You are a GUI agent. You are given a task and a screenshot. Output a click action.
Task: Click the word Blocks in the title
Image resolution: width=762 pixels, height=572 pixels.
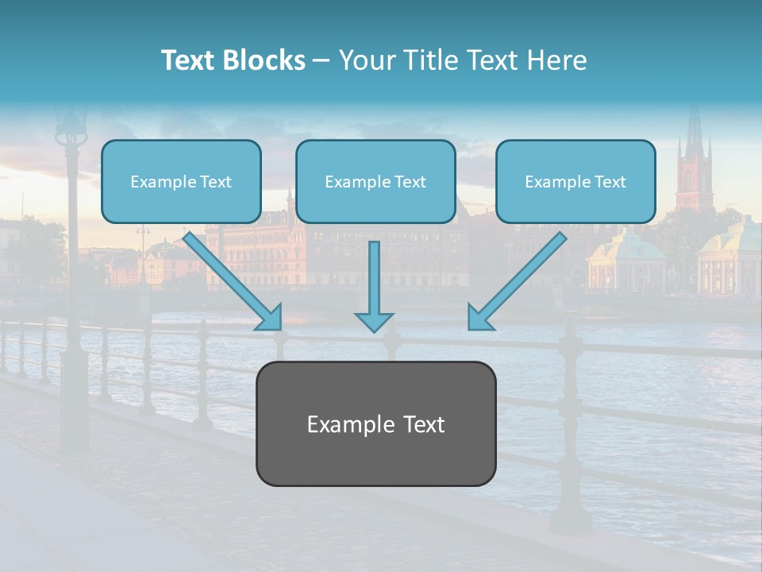pos(264,60)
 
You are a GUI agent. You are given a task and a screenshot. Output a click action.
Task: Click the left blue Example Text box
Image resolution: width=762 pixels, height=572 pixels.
pos(181,182)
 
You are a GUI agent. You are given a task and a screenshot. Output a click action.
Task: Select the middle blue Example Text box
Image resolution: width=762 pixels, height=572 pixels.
pos(375,182)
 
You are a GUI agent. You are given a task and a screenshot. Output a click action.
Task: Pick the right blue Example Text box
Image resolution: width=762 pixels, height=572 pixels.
pos(575,182)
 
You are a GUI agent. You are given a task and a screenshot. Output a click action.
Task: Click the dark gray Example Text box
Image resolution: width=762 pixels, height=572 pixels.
pos(375,423)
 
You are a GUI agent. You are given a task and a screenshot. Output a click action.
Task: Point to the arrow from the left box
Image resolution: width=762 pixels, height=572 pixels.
pos(233,281)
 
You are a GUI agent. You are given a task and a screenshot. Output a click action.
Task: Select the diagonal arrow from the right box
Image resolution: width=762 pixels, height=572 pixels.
pos(517,281)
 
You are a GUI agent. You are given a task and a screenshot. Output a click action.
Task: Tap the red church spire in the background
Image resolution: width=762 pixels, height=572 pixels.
pos(695,159)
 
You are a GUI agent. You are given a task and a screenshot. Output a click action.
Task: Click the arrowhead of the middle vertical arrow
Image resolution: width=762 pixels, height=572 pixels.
pos(374,321)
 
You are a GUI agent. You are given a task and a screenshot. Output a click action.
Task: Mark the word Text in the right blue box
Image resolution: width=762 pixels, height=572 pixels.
pos(610,182)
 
